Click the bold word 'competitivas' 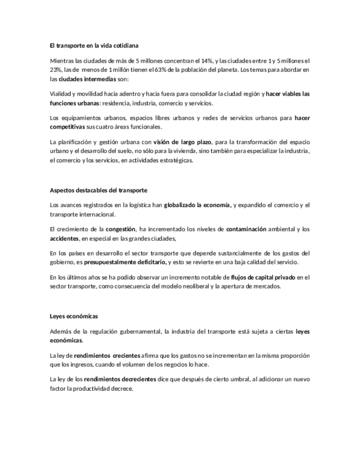tap(67, 127)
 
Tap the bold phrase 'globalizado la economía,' tap(198, 205)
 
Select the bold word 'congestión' tap(120, 229)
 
